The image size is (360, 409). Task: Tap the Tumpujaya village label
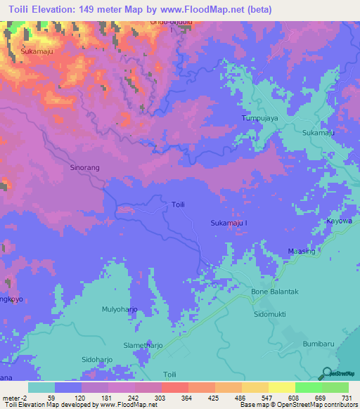(x=260, y=118)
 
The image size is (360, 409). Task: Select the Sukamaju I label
(x=230, y=223)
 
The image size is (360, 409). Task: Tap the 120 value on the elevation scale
(x=82, y=398)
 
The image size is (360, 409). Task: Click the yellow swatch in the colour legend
(x=281, y=387)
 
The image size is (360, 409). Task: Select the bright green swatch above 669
(x=308, y=387)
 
